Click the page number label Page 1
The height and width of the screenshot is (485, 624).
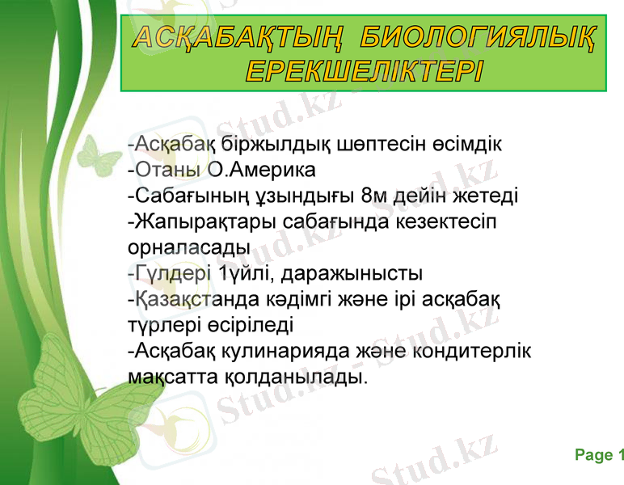pos(599,456)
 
